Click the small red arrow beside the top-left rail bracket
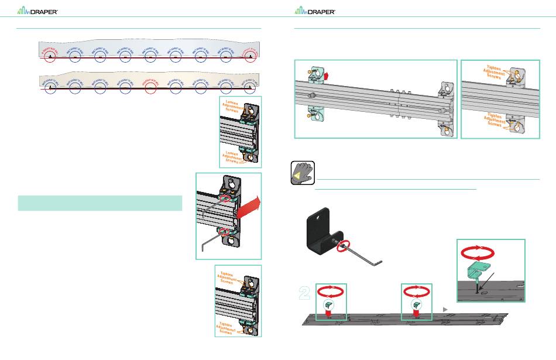point(325,74)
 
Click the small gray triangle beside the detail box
point(445,308)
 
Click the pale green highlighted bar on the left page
point(100,203)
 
